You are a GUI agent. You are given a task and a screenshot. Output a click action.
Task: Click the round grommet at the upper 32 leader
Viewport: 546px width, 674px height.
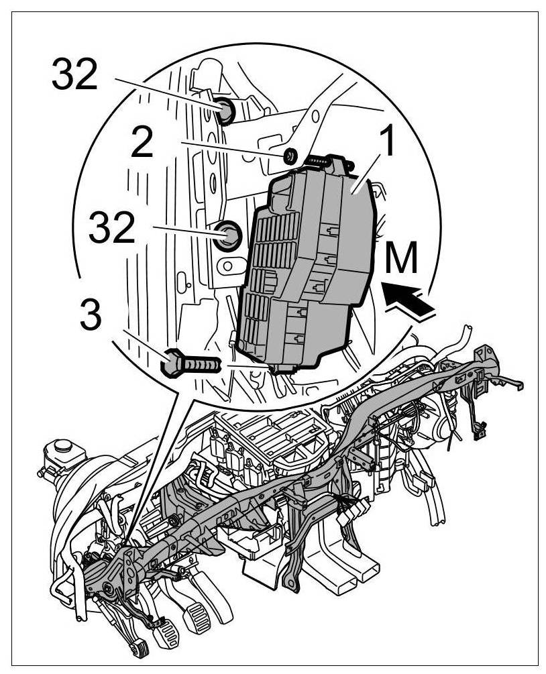[225, 111]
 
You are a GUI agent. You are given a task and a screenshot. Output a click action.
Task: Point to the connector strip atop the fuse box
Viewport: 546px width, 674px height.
[322, 160]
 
